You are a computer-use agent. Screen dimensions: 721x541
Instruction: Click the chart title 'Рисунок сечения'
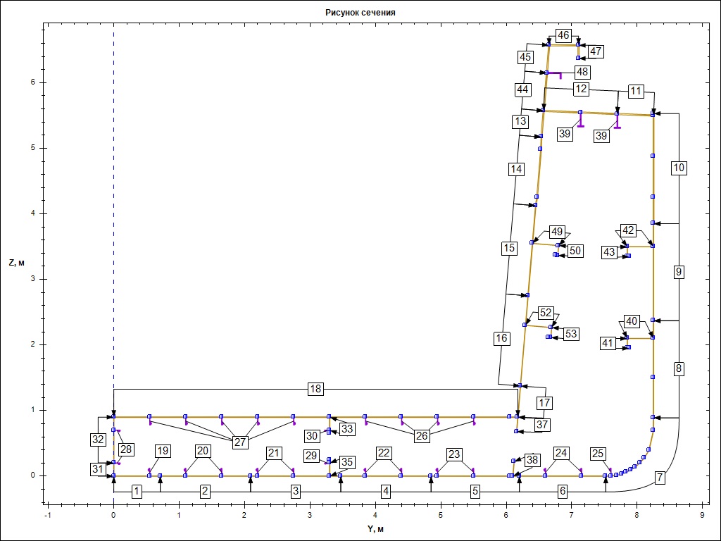click(x=360, y=13)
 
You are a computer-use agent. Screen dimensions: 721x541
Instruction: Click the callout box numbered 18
click(x=315, y=389)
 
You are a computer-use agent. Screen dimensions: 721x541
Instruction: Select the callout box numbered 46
click(x=563, y=35)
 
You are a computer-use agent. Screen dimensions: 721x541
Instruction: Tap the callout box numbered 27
click(x=240, y=442)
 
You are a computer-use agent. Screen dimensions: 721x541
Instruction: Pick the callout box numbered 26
click(x=422, y=435)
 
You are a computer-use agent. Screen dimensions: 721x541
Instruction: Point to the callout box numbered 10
click(x=679, y=168)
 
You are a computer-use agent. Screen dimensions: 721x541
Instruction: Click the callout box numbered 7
click(x=659, y=478)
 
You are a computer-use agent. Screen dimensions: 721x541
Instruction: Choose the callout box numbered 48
click(x=582, y=73)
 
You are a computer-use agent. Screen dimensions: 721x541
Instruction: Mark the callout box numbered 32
click(x=98, y=440)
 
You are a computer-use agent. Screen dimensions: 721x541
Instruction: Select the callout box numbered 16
click(x=501, y=339)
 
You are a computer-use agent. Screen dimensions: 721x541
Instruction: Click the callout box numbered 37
click(x=542, y=424)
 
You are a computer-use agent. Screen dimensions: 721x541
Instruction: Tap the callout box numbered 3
click(x=296, y=492)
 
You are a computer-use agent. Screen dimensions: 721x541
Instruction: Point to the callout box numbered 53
click(x=570, y=333)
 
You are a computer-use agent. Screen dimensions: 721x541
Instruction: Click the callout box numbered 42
click(x=627, y=230)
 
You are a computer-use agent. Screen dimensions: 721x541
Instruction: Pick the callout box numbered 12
click(x=581, y=89)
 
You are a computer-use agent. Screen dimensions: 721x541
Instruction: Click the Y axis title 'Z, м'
click(x=17, y=263)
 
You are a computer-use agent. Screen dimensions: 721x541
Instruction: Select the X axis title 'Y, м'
click(x=375, y=528)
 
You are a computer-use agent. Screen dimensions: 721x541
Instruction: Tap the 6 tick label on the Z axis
click(x=32, y=83)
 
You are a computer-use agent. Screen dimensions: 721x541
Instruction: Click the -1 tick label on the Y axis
click(x=47, y=515)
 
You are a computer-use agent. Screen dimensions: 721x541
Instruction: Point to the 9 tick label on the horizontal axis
click(x=702, y=515)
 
